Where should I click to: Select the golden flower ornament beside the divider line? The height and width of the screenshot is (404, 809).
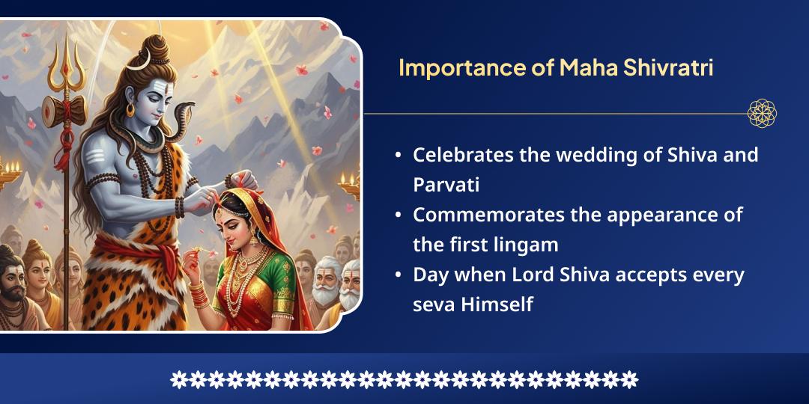coord(762,114)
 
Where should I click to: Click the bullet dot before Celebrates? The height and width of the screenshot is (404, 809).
coord(398,156)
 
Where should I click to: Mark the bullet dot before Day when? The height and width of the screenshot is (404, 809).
coord(398,276)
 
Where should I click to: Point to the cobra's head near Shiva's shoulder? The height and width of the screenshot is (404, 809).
coord(183,113)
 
